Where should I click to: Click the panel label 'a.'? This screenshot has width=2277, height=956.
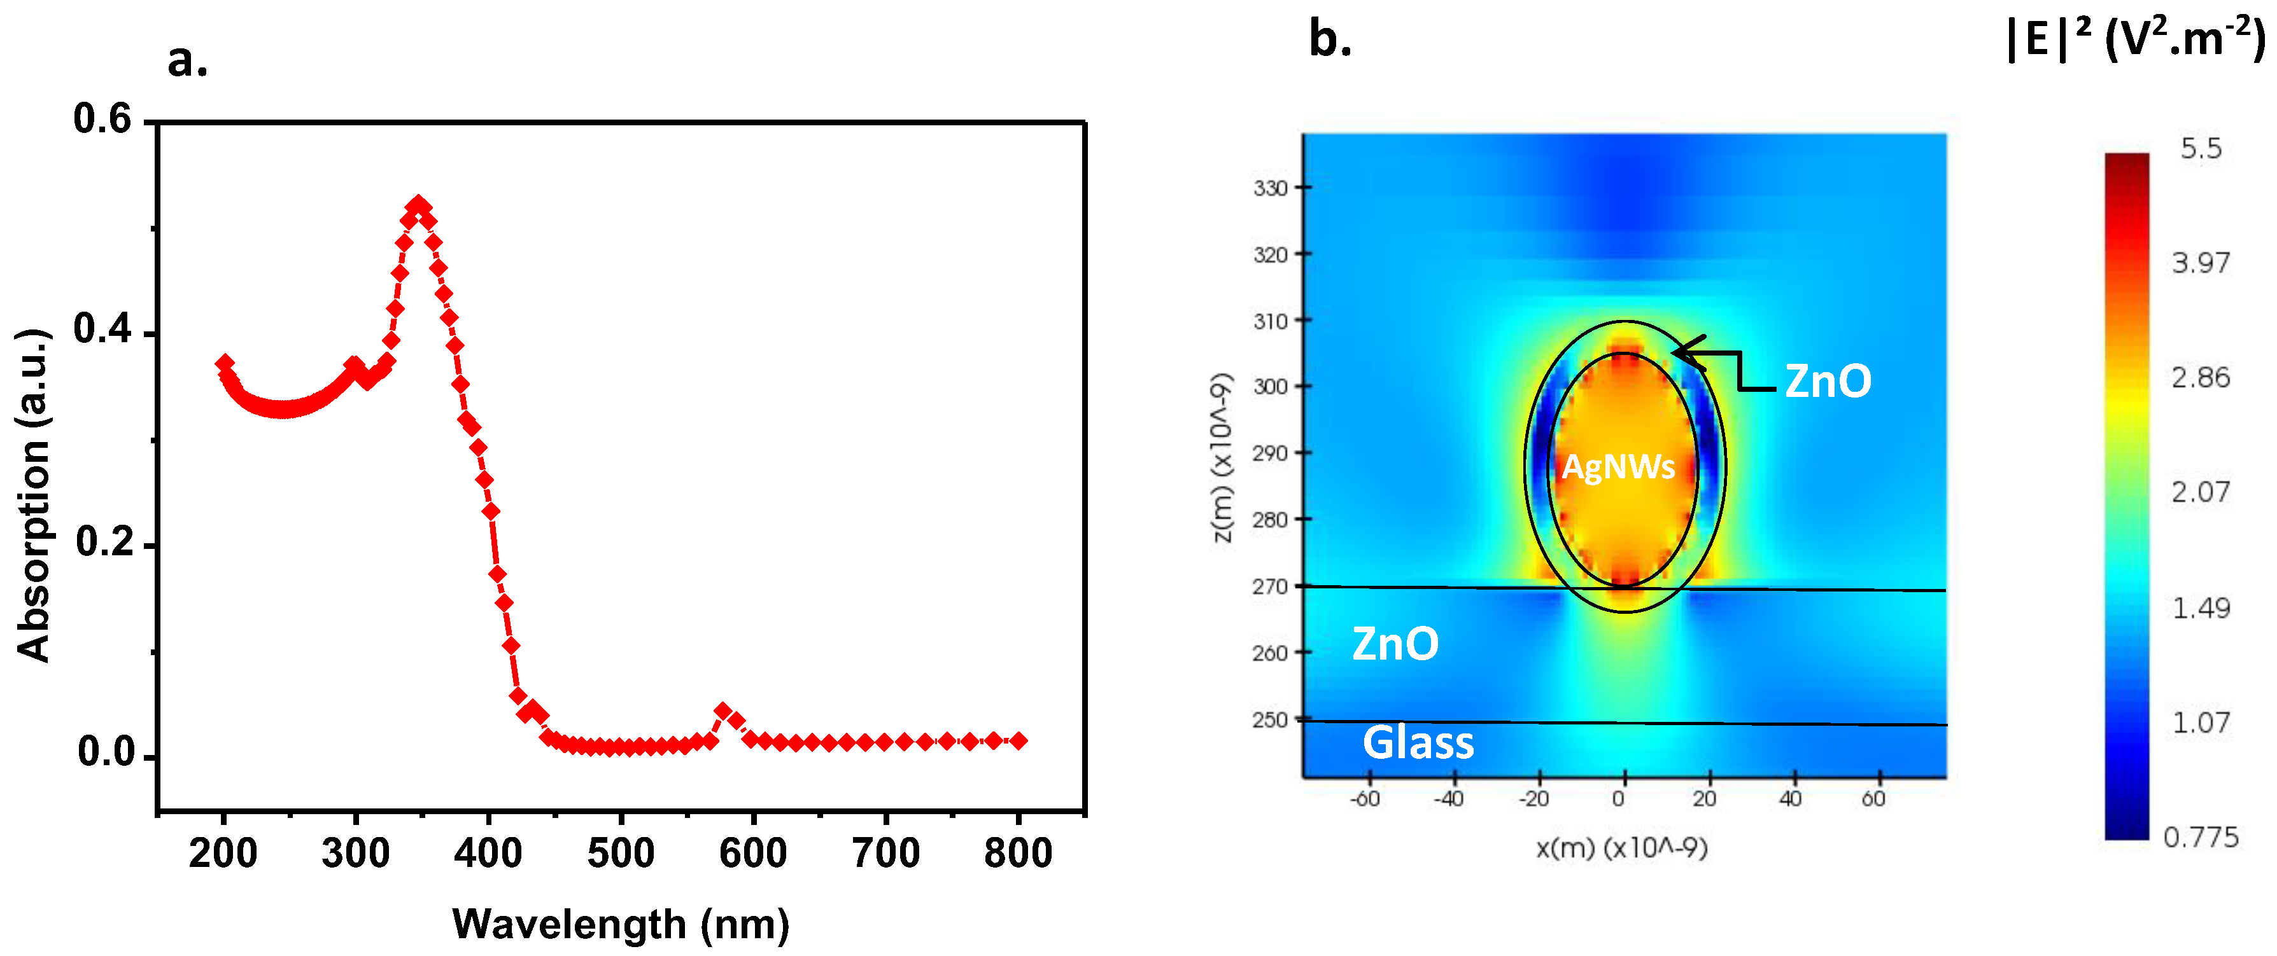[x=187, y=60]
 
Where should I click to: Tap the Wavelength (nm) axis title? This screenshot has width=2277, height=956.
[x=621, y=924]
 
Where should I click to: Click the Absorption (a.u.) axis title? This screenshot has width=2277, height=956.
[x=34, y=495]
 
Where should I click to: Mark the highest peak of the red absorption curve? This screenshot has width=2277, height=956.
[x=418, y=206]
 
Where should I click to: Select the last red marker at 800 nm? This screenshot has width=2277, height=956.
[x=1019, y=740]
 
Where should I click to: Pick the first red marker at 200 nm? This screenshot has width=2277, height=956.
[x=225, y=363]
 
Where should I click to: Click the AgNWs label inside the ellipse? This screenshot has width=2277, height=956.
[x=1619, y=466]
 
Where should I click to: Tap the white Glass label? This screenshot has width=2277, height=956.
[x=1418, y=742]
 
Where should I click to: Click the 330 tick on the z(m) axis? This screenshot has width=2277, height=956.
[x=1270, y=188]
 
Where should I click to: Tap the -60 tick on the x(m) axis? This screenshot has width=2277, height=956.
[x=1365, y=799]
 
